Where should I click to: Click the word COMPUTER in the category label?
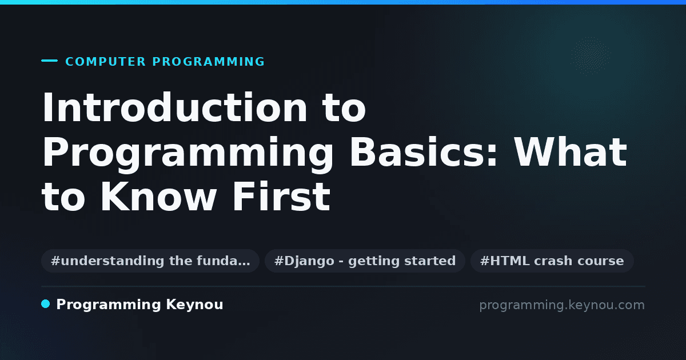(x=105, y=62)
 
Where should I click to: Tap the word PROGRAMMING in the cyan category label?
(x=208, y=62)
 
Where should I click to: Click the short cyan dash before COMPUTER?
(x=49, y=61)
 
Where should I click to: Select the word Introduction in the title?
(x=174, y=107)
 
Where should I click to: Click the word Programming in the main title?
(x=188, y=155)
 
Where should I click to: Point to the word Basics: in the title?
(x=424, y=152)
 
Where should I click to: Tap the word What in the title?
(x=571, y=152)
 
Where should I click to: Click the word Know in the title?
(x=158, y=197)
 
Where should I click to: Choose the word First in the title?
(x=281, y=197)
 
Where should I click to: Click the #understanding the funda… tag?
(x=150, y=261)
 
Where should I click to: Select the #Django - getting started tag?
(x=365, y=261)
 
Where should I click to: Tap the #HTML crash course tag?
(x=552, y=261)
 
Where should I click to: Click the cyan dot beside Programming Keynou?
(x=45, y=304)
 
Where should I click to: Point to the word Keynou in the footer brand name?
(x=194, y=305)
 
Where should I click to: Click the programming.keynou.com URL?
(x=562, y=305)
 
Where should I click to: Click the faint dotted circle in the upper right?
(x=591, y=56)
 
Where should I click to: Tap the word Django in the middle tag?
(x=309, y=261)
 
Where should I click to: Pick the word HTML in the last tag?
(x=510, y=261)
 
